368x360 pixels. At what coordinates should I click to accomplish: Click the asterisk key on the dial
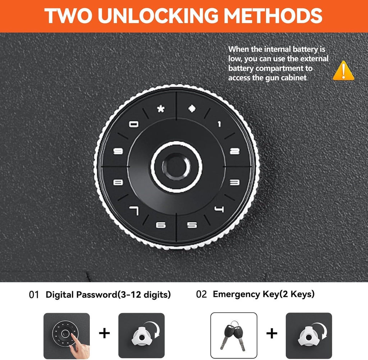161,109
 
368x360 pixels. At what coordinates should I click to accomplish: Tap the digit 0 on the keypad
134,124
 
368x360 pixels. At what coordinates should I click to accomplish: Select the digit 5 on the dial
192,225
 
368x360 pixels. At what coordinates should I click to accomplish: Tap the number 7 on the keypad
134,211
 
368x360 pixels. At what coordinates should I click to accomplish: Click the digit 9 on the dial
118,151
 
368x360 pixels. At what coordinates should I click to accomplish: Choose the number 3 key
235,182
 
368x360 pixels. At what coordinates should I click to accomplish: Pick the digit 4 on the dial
219,209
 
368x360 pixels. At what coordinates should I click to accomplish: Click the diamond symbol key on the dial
192,109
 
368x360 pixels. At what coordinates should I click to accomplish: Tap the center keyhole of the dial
176,167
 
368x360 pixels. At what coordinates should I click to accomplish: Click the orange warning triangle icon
343,71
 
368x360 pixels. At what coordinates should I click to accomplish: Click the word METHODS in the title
273,16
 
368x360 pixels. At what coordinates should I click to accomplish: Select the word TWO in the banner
68,16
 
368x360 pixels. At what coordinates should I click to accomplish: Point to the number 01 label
33,295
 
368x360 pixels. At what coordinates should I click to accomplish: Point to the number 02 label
201,294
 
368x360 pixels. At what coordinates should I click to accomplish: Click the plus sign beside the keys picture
272,333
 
